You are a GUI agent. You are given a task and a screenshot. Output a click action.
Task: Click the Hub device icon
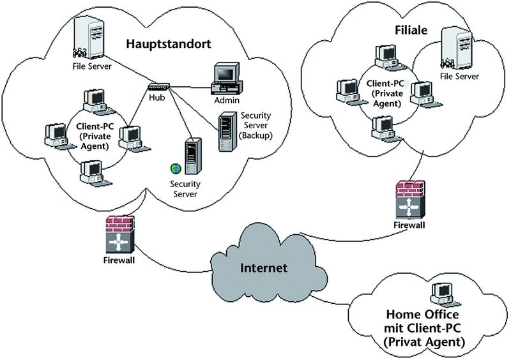(157, 87)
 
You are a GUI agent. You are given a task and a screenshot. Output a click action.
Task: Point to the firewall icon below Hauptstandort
(119, 236)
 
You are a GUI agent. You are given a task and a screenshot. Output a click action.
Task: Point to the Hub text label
(157, 98)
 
